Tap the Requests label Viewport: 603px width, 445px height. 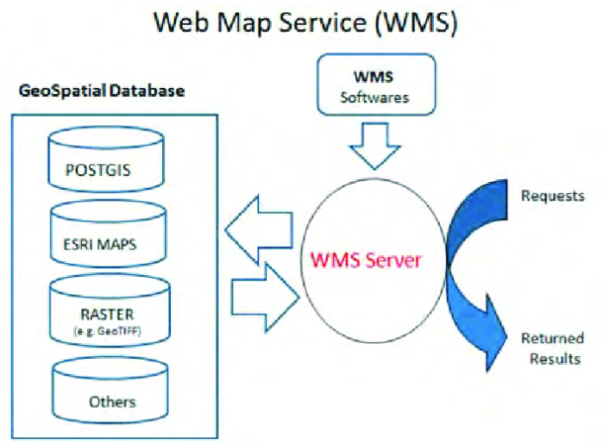pos(551,196)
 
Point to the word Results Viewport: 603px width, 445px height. pos(552,358)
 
